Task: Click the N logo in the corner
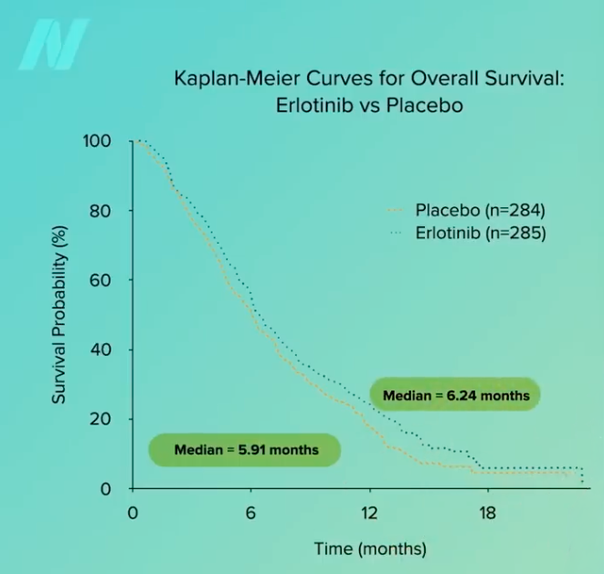click(54, 44)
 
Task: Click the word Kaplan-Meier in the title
click(237, 78)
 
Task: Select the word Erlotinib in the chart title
click(314, 105)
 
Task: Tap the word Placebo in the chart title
click(425, 105)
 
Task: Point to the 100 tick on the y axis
click(97, 141)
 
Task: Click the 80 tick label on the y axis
click(101, 211)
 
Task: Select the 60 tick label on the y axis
click(101, 280)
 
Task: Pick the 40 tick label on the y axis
click(101, 350)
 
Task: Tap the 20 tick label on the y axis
click(101, 419)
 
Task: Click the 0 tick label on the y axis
click(106, 489)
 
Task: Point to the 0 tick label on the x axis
click(132, 513)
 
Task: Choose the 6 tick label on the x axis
click(250, 513)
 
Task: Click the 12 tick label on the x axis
click(369, 513)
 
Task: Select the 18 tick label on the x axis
click(488, 513)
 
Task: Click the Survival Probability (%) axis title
click(58, 315)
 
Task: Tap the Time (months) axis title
click(371, 549)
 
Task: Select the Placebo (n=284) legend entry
click(466, 210)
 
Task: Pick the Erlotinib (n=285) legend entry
click(468, 233)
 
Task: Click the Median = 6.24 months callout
click(455, 395)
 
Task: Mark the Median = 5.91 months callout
click(245, 450)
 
